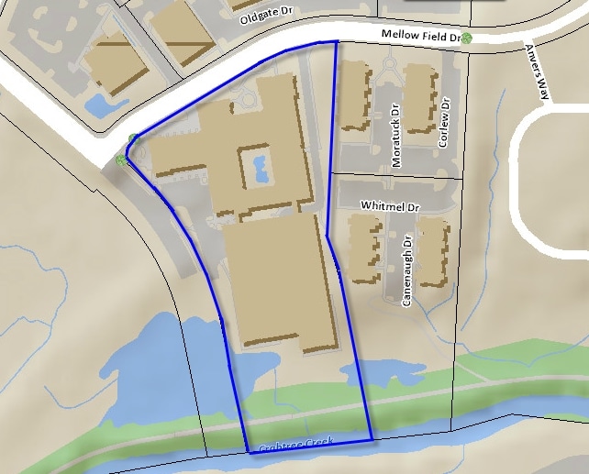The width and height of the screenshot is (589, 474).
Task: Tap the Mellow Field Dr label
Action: (x=420, y=36)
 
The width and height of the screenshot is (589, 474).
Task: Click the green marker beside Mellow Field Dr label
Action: (x=467, y=38)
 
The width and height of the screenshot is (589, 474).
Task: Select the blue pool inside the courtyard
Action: (x=258, y=169)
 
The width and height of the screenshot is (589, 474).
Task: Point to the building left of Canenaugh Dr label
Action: (x=364, y=249)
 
